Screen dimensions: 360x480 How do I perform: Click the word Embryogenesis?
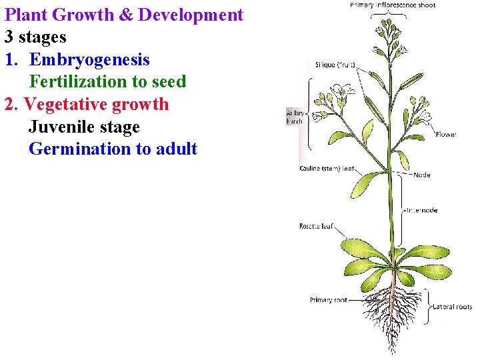click(89, 60)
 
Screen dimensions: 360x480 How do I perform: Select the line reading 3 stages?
click(35, 37)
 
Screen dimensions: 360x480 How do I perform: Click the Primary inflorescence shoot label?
click(392, 5)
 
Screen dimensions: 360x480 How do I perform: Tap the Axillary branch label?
click(294, 117)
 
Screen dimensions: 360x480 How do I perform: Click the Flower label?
click(446, 134)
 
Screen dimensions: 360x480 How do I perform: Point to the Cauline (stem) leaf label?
click(327, 169)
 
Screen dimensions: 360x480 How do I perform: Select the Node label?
click(422, 175)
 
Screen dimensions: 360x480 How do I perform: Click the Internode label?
click(422, 210)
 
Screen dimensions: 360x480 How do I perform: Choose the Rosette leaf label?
click(316, 226)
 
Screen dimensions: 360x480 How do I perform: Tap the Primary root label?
click(328, 300)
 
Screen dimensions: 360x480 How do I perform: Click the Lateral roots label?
click(452, 307)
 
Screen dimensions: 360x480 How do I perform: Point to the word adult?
click(176, 149)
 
